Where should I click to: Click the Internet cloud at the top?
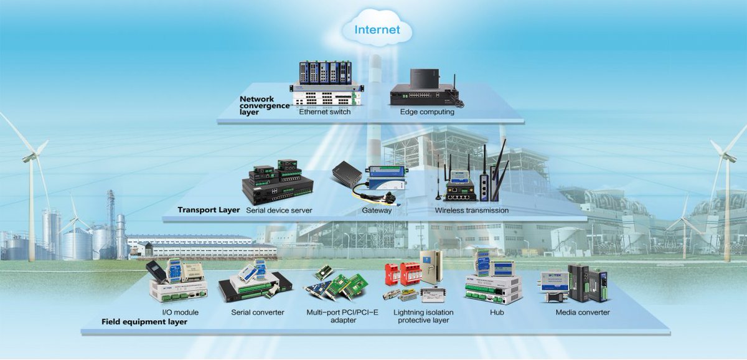[377, 29]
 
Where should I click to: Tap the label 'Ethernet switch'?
[325, 113]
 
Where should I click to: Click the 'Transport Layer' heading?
[209, 210]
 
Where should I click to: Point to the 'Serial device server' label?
[279, 211]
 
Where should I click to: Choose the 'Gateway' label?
[377, 211]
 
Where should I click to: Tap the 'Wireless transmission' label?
[471, 211]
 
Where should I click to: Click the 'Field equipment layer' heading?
[144, 322]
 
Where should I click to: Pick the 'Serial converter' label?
[258, 312]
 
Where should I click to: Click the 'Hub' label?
[497, 312]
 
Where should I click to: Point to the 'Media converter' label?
[583, 312]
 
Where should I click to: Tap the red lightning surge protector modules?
[400, 272]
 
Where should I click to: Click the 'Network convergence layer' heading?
[265, 106]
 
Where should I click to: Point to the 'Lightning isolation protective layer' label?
[424, 316]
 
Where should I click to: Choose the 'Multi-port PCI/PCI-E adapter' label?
[343, 316]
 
